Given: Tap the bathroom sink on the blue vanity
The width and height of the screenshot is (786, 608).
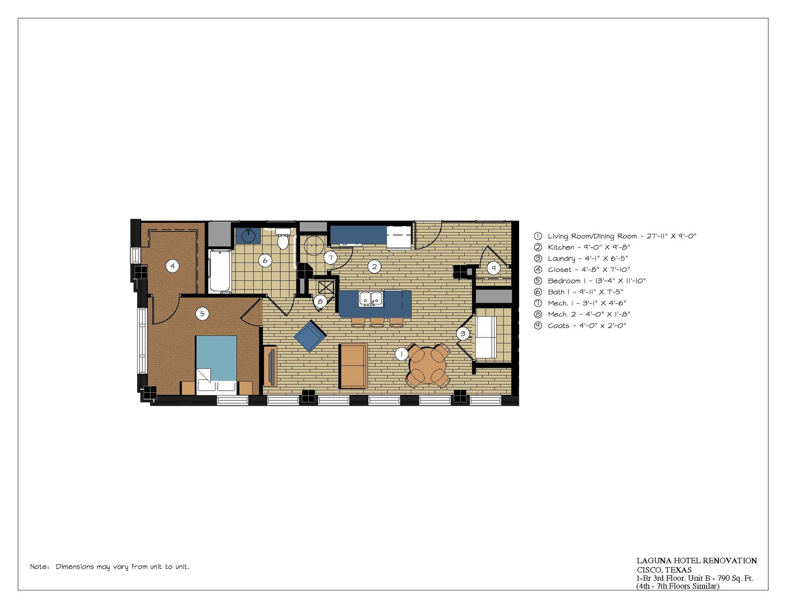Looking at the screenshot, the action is [248, 236].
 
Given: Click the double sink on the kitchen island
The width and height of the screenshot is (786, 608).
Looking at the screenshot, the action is [371, 299].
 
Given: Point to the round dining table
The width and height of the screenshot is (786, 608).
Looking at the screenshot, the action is [427, 366].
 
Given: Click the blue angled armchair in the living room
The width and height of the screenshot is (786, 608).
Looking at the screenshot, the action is [310, 336].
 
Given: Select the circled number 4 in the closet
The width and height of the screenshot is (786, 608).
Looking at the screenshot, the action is [172, 266].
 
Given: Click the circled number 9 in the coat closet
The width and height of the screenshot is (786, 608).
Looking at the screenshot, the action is [493, 268].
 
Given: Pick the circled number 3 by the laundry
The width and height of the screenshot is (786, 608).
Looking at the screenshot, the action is [463, 333].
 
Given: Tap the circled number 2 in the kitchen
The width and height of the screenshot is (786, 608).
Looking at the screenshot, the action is [374, 267].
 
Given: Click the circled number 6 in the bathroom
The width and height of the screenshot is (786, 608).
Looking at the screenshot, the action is [265, 261].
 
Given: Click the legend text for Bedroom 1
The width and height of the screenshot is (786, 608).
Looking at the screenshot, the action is [589, 281].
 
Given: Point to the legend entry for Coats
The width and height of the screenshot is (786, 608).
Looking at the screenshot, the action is [580, 325].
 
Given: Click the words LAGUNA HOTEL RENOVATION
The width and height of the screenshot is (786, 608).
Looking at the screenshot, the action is [696, 560].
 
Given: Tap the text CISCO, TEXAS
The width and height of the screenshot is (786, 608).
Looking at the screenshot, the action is [664, 570].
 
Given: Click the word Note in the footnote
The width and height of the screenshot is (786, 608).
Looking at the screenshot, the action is [39, 567].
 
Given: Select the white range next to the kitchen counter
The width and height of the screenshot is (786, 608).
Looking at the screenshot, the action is [399, 238].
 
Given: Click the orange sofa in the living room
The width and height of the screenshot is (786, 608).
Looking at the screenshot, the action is [354, 365].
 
